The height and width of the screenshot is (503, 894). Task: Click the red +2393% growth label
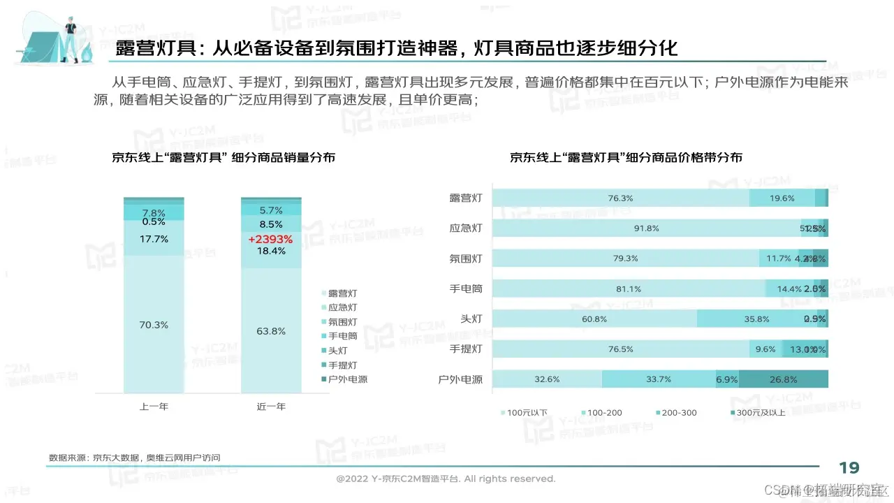pos(270,239)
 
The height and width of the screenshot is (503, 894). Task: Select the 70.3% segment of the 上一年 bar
pos(154,324)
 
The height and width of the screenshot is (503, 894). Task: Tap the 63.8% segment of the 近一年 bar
pos(271,331)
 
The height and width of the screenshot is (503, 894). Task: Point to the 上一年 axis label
pos(154,406)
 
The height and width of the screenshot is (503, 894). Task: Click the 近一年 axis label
pos(271,406)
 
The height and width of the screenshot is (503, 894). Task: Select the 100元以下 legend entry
pos(525,413)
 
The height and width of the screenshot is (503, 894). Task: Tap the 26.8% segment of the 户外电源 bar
pos(783,379)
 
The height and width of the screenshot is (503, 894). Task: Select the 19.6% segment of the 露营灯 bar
pos(782,198)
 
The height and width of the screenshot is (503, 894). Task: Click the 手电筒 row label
pos(467,289)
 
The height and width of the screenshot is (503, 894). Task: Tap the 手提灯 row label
pos(467,349)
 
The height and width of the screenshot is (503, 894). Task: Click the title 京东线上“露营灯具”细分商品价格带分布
pos(626,158)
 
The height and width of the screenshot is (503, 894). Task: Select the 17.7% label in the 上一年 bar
pos(154,239)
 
